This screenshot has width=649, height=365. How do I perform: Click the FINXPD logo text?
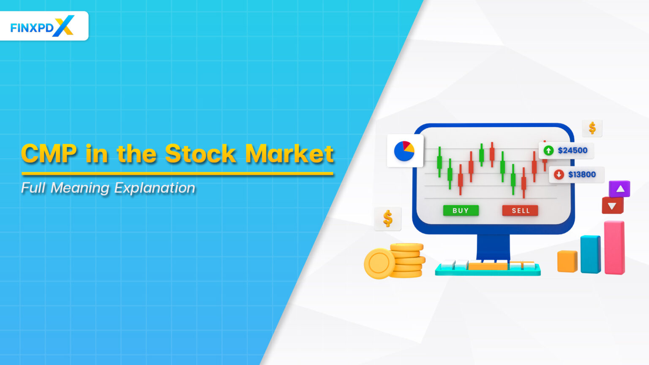point(32,28)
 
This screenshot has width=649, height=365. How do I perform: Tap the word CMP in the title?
point(49,154)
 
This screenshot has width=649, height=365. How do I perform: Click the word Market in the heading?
point(290,154)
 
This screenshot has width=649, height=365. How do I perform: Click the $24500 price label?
point(573,150)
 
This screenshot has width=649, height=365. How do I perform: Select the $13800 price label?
point(582,174)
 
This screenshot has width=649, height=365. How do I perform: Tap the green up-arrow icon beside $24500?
point(548,150)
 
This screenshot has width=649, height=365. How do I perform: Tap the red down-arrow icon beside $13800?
point(559,174)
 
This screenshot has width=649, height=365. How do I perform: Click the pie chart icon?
point(404,151)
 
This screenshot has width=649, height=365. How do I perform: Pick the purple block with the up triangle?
point(619,189)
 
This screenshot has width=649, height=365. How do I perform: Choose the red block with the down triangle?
point(612,206)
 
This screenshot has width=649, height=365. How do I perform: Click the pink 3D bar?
point(614,248)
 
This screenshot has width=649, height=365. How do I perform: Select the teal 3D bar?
point(590,254)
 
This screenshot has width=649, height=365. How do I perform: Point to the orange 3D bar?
point(567,261)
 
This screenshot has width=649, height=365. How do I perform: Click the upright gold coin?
point(379,264)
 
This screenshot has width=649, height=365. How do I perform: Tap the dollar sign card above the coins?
point(387,219)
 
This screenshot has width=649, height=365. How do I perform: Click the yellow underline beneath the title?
point(177,173)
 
